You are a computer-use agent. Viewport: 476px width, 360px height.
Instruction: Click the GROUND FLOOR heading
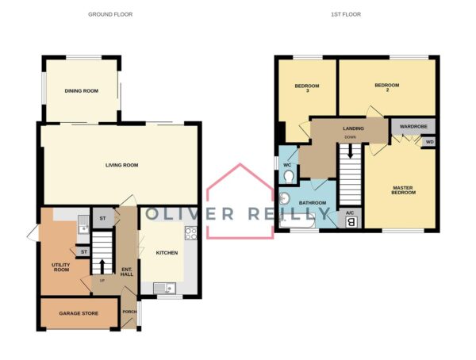[110, 14]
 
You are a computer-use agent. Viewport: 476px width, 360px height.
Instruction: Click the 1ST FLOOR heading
[346, 14]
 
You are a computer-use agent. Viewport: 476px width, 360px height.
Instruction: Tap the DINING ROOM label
[82, 90]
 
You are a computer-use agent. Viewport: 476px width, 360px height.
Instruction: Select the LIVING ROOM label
[121, 165]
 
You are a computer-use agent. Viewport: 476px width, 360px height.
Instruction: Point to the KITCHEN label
[167, 253]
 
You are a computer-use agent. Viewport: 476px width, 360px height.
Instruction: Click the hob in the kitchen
[191, 233]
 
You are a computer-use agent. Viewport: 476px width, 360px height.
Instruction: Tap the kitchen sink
[164, 288]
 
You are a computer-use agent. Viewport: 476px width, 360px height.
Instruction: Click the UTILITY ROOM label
[61, 267]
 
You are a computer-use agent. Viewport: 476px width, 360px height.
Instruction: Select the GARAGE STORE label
[79, 313]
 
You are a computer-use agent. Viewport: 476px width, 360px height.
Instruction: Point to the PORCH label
[129, 312]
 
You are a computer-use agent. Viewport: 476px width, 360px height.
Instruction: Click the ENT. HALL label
[127, 272]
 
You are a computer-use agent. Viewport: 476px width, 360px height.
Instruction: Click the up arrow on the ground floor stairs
[102, 266]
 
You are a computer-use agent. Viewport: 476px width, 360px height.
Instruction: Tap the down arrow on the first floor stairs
[351, 151]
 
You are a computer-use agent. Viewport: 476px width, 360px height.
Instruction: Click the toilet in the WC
[289, 176]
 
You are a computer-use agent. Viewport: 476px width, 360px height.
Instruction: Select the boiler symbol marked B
[351, 223]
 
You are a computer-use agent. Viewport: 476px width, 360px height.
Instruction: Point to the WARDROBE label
[413, 126]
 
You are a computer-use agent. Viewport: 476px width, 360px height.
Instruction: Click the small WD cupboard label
[429, 142]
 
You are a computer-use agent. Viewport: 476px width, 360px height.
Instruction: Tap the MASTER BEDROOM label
[404, 190]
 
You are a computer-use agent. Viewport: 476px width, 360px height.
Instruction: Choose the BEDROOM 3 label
[307, 88]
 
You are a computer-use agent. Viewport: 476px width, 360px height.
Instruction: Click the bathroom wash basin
[284, 199]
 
